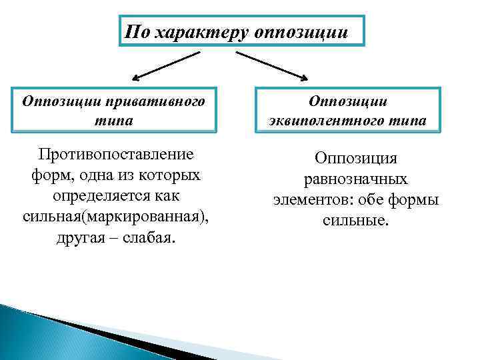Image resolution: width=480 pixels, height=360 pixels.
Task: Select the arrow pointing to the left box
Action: [x=165, y=65]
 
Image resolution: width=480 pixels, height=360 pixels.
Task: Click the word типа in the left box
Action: [x=113, y=121]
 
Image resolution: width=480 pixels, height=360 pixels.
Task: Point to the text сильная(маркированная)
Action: [x=115, y=218]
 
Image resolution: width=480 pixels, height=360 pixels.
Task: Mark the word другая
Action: [x=80, y=239]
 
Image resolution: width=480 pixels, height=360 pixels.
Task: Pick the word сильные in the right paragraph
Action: [x=355, y=219]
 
